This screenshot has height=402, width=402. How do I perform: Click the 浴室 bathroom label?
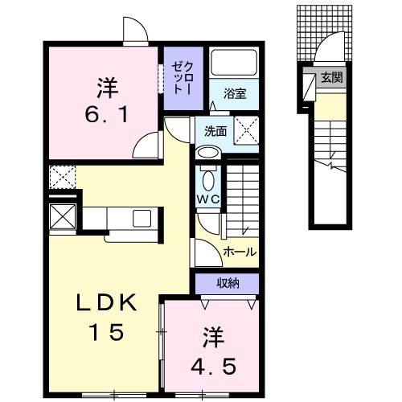pyautogui.click(x=234, y=92)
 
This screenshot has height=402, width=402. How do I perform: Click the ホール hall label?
pyautogui.click(x=240, y=252)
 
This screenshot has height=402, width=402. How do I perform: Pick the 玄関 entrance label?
pyautogui.click(x=330, y=78)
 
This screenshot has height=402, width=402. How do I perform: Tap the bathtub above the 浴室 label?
pyautogui.click(x=234, y=64)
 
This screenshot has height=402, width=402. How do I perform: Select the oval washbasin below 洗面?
pyautogui.click(x=207, y=154)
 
